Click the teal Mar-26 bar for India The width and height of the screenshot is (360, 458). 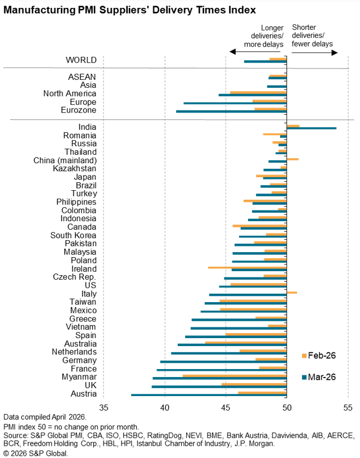click(x=311, y=128)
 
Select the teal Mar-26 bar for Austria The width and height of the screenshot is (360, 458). click(x=209, y=395)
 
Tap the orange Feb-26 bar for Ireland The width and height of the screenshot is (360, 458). click(x=247, y=267)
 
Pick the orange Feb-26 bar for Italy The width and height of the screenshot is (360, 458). click(x=291, y=293)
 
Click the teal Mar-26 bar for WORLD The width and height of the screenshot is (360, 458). click(x=265, y=61)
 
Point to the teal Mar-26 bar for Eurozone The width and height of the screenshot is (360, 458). click(x=231, y=111)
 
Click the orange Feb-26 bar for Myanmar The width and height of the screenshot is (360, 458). click(x=235, y=375)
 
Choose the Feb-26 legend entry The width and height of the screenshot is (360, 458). click(x=318, y=355)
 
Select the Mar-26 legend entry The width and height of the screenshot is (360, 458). click(x=318, y=376)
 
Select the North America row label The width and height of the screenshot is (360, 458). click(x=69, y=93)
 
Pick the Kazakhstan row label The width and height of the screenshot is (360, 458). click(x=74, y=168)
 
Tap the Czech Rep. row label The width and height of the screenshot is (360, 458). click(x=74, y=277)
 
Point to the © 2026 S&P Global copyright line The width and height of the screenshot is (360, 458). click(x=35, y=452)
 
